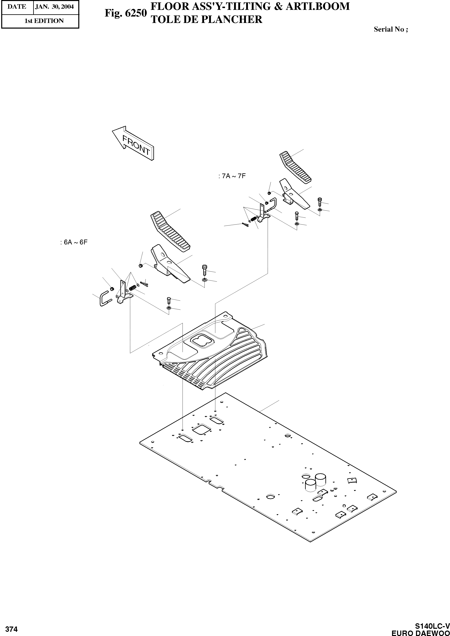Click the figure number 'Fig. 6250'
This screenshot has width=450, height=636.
(x=126, y=13)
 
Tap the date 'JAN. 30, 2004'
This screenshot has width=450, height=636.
(x=54, y=7)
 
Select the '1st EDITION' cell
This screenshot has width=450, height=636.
(x=44, y=21)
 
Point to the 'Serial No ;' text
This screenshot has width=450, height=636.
(x=391, y=29)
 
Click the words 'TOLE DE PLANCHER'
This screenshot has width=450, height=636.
(x=206, y=19)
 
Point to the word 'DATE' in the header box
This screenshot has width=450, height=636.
(x=17, y=7)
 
